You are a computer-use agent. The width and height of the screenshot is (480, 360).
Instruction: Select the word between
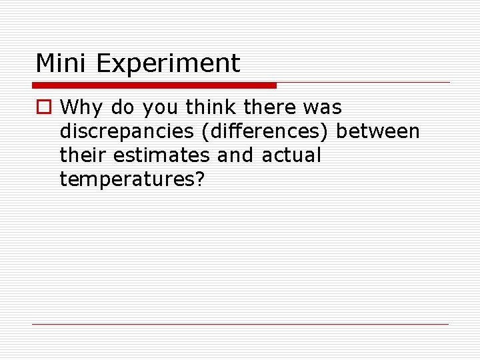378,131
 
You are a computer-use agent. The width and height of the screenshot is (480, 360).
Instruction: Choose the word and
235,155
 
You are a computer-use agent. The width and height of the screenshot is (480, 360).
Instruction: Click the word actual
291,155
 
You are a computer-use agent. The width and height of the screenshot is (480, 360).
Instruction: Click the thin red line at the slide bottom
240,324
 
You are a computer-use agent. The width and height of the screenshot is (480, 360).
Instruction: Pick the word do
123,107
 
